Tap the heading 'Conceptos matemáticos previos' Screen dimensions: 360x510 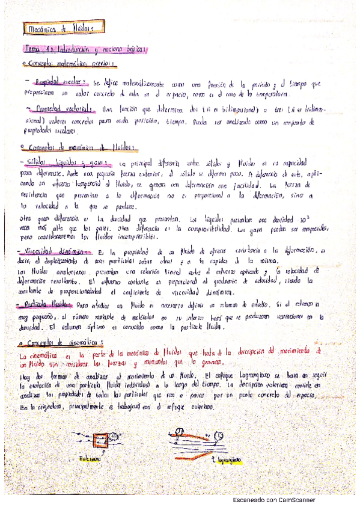(x=69, y=63)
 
